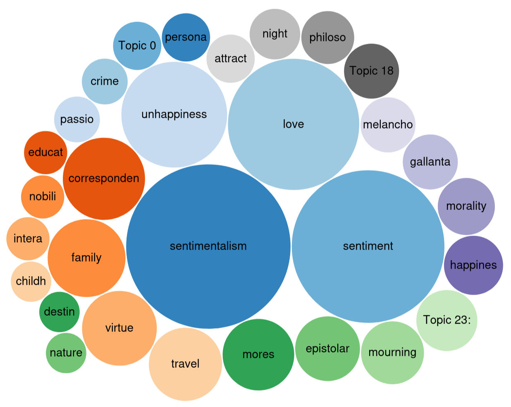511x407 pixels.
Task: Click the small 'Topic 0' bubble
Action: (137, 45)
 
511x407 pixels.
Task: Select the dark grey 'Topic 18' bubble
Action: (371, 71)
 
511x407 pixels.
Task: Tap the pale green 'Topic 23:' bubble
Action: (447, 320)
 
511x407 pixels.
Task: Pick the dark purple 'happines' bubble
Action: (473, 265)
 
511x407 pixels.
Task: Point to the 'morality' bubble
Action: (466, 206)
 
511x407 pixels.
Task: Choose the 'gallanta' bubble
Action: (430, 162)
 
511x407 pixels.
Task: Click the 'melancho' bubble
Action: (388, 125)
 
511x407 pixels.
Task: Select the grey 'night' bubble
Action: (275, 34)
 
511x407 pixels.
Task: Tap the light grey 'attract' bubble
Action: (230, 59)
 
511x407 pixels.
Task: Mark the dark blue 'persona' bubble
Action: (186, 37)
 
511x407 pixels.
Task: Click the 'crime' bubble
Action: (105, 81)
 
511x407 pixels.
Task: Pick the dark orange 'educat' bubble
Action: (45, 152)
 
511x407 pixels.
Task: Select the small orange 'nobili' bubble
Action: (43, 196)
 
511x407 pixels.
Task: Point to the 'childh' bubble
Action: (31, 281)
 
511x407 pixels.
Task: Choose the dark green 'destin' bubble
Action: (59, 312)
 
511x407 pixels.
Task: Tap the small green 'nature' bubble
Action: (66, 353)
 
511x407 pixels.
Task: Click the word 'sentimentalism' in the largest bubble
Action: (208, 246)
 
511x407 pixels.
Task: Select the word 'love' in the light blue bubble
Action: (293, 124)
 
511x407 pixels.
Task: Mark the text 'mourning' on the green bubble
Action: (392, 352)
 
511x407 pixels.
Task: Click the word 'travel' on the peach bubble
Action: (185, 364)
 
